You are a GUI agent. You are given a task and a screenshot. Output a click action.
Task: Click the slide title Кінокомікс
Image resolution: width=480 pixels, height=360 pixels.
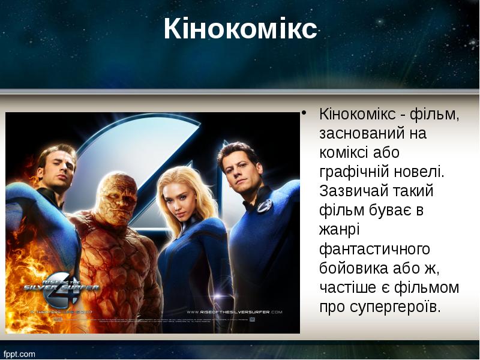tap(240, 29)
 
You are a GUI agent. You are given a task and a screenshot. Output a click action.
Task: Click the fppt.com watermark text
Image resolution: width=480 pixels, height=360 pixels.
tap(20, 353)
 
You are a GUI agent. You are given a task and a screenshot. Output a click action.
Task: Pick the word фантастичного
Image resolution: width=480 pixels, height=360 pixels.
tap(374, 249)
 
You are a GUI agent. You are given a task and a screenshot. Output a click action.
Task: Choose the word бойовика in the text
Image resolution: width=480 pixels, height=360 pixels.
tap(353, 268)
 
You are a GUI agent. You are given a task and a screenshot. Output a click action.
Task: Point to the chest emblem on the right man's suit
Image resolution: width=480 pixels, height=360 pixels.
tap(264, 205)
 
